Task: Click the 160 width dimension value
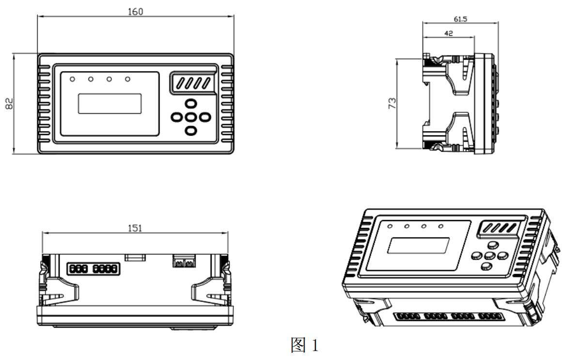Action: coord(136,11)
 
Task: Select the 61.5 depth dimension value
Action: coord(460,19)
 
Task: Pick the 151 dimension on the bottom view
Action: coord(135,228)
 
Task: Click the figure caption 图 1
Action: coord(305,345)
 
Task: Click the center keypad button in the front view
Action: coord(191,117)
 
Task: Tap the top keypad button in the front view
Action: coord(191,104)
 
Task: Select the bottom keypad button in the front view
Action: coord(191,130)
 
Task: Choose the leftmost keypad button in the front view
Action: coord(177,117)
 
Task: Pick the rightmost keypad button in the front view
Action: coord(205,117)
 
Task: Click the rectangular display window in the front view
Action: coord(110,104)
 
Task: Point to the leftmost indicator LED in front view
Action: coord(72,79)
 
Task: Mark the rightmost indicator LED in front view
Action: coord(128,79)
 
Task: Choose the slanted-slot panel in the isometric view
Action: coord(498,227)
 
